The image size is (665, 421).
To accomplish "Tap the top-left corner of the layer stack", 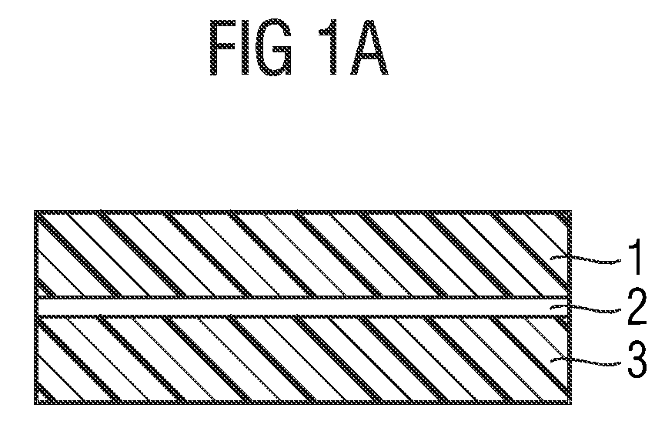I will [36, 211].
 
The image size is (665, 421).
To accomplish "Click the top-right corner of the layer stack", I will [570, 211].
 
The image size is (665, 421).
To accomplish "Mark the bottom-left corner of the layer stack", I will [36, 403].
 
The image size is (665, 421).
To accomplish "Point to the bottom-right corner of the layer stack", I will [570, 403].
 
